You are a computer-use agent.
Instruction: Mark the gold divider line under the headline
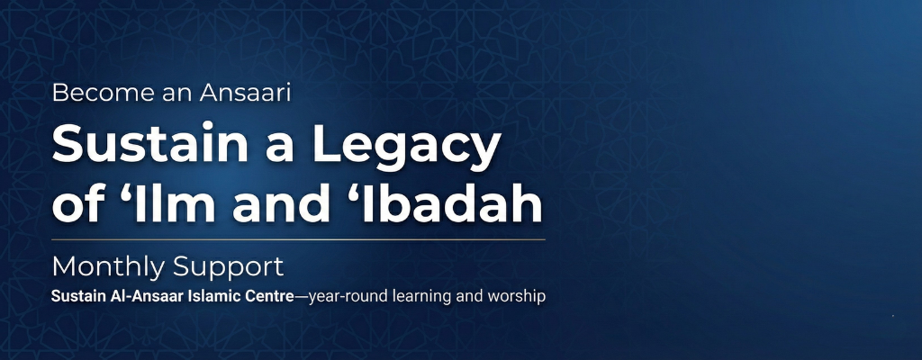point(298,240)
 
